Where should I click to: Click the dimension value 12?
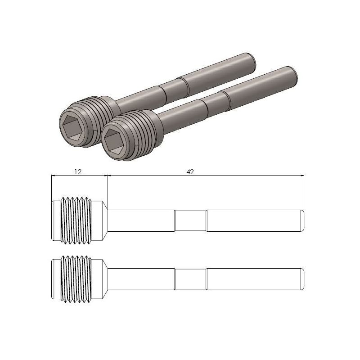(x=78, y=171)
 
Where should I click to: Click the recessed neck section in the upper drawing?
(x=190, y=220)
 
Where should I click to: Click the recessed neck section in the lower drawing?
(x=190, y=279)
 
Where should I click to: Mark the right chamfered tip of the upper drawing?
(x=302, y=220)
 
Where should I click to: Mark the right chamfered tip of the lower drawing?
(x=302, y=279)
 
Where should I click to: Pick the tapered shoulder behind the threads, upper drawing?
(x=101, y=220)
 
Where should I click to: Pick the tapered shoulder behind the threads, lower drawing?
(x=101, y=279)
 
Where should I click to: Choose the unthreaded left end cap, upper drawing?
(x=56, y=220)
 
